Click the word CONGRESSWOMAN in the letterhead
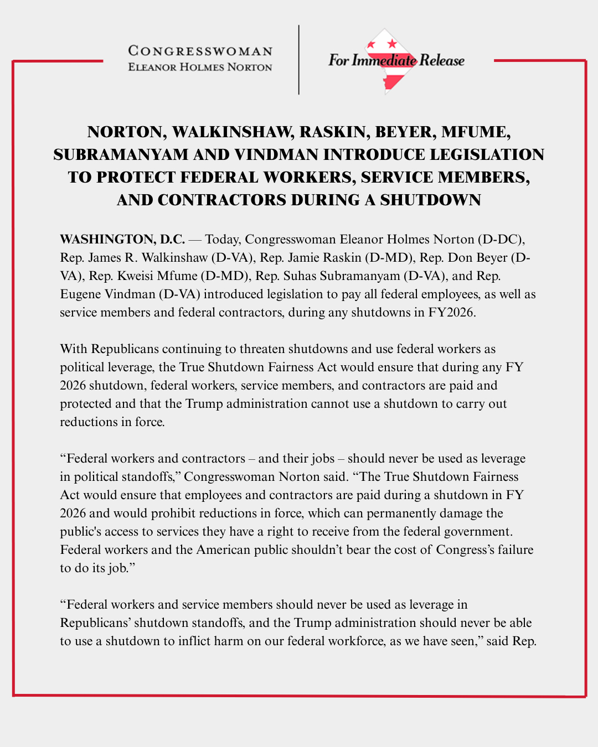(200, 51)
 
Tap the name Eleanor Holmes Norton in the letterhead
(200, 67)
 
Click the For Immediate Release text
(396, 60)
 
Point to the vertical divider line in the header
(299, 60)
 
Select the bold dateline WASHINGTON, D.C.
(122, 239)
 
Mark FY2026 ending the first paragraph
(451, 312)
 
